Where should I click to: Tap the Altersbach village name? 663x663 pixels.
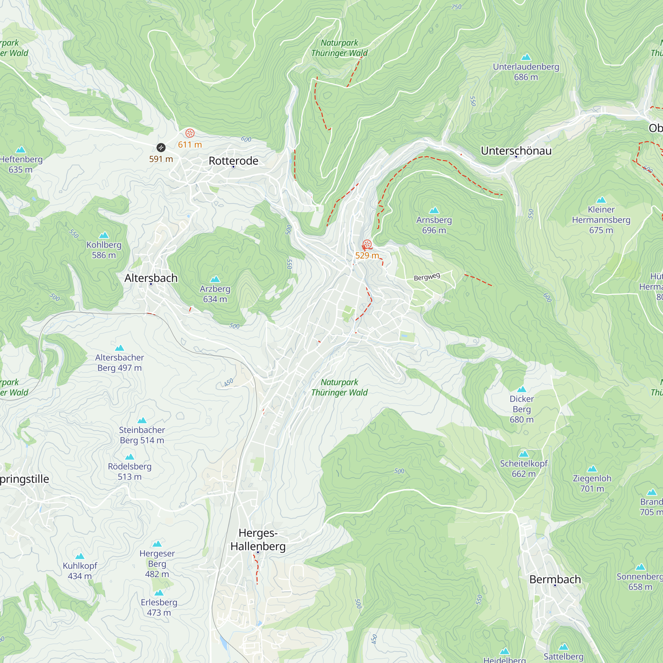pos(151,278)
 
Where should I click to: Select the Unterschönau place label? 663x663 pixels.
pos(516,151)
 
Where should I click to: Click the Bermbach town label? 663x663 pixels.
pos(555,579)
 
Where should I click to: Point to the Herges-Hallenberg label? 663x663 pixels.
pos(258,539)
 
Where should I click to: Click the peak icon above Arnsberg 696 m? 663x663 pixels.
pos(434,210)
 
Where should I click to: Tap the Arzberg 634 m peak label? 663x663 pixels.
pos(215,294)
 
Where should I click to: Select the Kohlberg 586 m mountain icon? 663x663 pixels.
pos(104,235)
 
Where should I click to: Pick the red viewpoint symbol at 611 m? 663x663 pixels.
pos(190,133)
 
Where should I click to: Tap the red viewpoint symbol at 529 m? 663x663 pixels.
pos(367,244)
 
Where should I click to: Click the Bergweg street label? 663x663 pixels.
pos(427,276)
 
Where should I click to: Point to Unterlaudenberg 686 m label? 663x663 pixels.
pos(526,72)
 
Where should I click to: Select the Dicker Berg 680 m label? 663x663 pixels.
pos(521,409)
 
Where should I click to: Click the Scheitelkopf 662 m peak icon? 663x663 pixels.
pos(523,454)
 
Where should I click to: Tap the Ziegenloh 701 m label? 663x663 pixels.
pos(592,483)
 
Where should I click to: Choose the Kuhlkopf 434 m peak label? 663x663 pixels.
pos(80,571)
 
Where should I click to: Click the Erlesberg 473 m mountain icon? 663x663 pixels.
pos(159,593)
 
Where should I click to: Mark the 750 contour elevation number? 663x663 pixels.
pos(456,7)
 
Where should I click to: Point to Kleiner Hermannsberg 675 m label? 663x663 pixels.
pos(601,220)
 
